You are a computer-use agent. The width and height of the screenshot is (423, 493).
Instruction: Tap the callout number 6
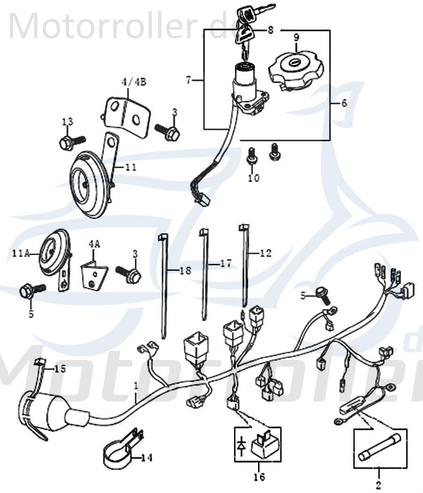click(344, 103)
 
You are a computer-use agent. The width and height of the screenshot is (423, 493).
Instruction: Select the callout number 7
click(188, 80)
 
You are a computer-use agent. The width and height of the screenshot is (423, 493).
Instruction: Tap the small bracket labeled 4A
click(94, 276)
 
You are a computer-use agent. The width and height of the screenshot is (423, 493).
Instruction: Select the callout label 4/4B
click(134, 81)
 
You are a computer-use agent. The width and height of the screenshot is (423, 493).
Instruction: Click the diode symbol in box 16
click(242, 445)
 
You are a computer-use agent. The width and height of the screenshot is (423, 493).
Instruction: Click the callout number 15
click(60, 369)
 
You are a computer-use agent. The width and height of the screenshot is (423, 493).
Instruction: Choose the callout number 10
click(254, 178)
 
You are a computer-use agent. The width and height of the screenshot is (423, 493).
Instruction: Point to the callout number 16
click(258, 477)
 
